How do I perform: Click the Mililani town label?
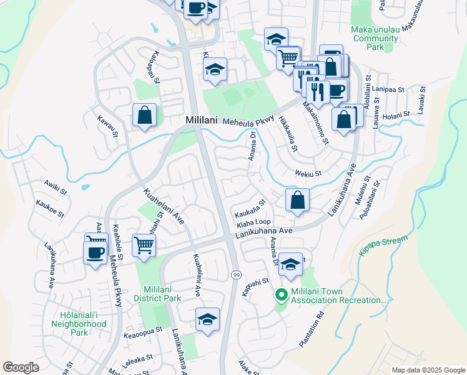[x=202, y=121]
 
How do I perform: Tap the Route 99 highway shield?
[x=237, y=275]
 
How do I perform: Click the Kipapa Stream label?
[x=383, y=247]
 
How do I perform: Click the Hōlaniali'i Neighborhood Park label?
[x=79, y=319]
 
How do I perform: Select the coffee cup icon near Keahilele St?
[x=95, y=253]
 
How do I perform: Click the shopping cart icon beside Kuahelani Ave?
[x=144, y=245]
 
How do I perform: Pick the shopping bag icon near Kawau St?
[x=145, y=115]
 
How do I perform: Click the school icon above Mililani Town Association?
[x=291, y=264]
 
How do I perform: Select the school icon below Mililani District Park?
[x=208, y=319]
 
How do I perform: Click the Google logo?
[x=21, y=367]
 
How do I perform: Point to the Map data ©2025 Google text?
[x=428, y=370]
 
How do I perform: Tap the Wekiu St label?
[x=309, y=174]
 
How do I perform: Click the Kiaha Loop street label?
[x=253, y=222]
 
